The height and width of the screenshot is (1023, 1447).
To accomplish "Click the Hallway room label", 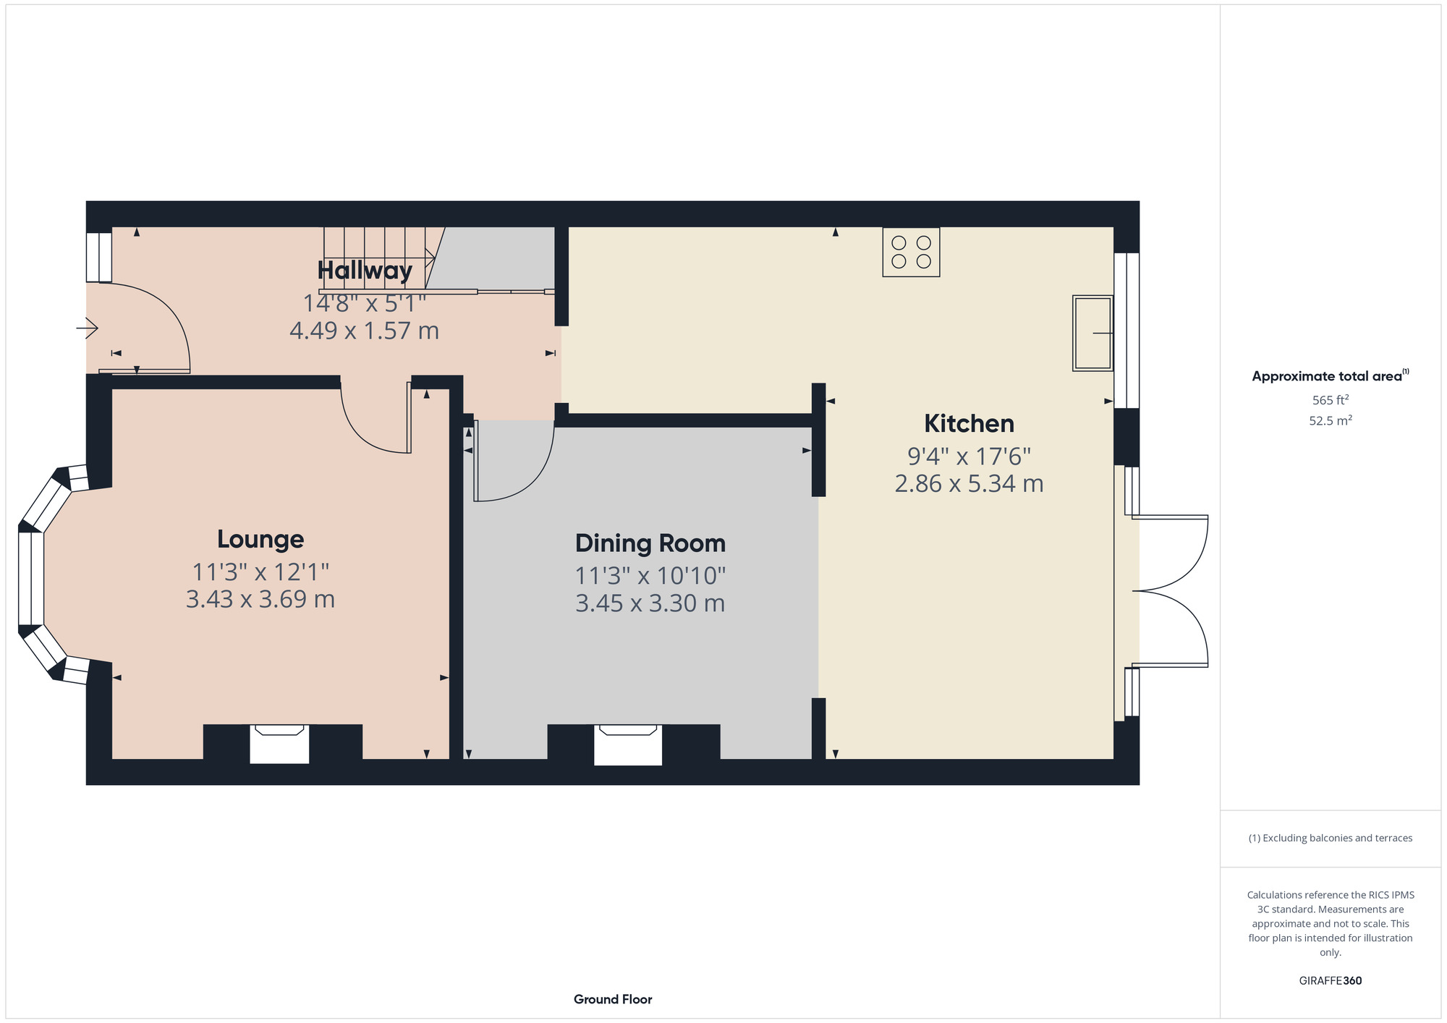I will [x=365, y=271].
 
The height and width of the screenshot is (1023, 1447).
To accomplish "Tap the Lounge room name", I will [x=260, y=539].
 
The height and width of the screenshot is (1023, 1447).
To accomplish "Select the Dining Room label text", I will [x=650, y=543].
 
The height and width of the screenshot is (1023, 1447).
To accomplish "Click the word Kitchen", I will [x=969, y=423].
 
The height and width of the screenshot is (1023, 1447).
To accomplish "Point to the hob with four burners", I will [x=911, y=252].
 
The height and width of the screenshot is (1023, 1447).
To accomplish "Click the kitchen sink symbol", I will [x=1092, y=333].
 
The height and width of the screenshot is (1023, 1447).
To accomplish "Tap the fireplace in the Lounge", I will [x=279, y=743].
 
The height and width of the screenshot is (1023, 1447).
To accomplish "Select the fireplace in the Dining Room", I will [x=627, y=744].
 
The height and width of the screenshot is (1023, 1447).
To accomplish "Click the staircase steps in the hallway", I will [x=376, y=257].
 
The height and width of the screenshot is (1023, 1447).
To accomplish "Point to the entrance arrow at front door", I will [x=88, y=328].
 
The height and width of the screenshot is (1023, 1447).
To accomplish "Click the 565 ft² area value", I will [x=1330, y=400].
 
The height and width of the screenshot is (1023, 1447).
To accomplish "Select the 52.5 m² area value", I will [x=1330, y=420].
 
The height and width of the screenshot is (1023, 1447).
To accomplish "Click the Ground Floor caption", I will [x=613, y=999].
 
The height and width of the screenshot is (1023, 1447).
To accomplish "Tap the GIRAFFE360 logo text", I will [x=1330, y=981].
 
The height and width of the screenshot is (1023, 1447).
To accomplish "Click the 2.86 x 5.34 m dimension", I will [x=969, y=483].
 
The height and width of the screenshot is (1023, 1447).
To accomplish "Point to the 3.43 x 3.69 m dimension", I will [x=260, y=600].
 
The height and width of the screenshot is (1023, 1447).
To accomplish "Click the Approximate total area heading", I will [x=1327, y=376].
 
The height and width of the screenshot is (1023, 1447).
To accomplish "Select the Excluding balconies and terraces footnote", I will [x=1330, y=838].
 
